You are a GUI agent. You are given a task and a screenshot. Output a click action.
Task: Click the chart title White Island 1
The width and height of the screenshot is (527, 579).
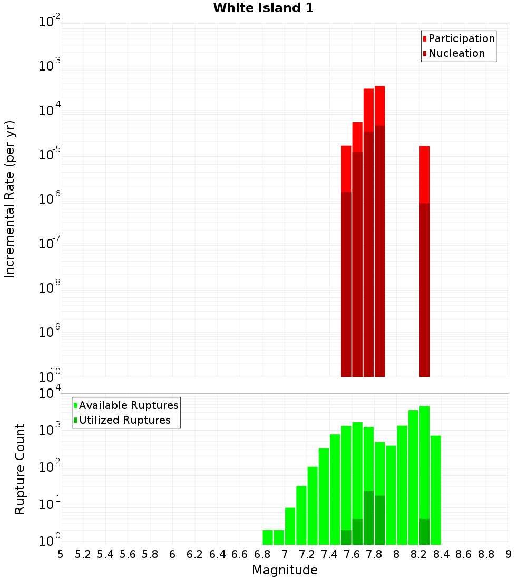[x=263, y=8]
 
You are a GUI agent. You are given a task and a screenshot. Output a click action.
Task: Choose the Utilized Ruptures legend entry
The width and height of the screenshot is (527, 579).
[x=124, y=421]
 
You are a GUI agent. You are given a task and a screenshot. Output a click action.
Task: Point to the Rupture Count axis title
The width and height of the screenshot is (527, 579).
[x=20, y=468]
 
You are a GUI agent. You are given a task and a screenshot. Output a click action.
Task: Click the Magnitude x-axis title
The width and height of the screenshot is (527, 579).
[x=285, y=570]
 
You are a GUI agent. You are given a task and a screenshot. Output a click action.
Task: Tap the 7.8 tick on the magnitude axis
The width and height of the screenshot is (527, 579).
[x=374, y=554]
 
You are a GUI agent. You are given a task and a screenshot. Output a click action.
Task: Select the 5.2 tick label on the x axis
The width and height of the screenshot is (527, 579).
[x=83, y=554]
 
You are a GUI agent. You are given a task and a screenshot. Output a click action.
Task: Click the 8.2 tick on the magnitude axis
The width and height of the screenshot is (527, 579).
[x=419, y=554]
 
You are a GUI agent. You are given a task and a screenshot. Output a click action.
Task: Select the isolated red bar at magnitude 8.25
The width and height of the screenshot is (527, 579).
[x=425, y=174]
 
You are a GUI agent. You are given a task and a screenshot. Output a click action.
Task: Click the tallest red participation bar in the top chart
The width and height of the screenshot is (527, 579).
[x=380, y=105]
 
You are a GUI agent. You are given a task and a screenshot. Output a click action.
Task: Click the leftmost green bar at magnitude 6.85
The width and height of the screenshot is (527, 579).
[x=268, y=537]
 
